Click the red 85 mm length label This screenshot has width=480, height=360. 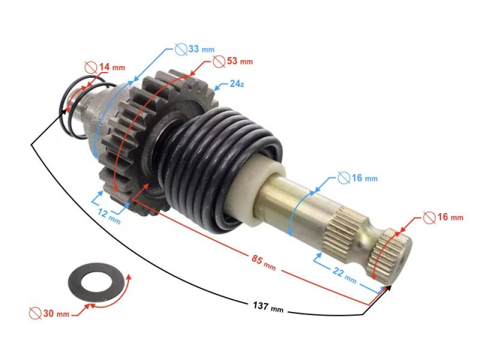pos(262,262)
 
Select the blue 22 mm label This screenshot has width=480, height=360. pos(344,275)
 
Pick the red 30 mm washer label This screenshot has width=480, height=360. pos(49,313)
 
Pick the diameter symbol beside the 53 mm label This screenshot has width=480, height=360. pos(218,61)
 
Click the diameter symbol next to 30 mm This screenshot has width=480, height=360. pos(35,313)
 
